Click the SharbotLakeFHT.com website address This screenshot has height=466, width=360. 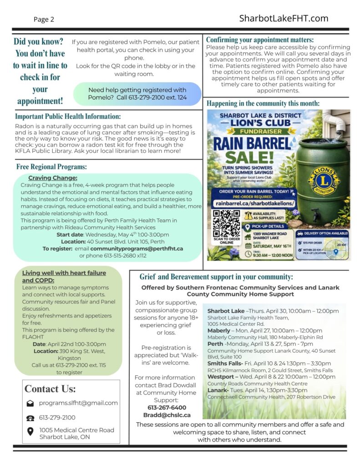click(284, 18)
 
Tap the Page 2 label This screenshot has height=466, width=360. click(44, 20)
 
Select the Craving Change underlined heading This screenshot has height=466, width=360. click(52, 178)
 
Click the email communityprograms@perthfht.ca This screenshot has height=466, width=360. click(137, 249)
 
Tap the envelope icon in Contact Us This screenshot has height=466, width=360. click(30, 403)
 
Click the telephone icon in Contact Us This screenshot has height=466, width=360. click(30, 418)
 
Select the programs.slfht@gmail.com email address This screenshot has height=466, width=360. click(78, 403)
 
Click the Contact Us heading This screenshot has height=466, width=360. click(50, 389)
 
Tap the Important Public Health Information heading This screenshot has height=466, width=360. click(68, 116)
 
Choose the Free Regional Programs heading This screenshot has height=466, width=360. click(51, 167)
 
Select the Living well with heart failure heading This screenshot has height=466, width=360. click(64, 273)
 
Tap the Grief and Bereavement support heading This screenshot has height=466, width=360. click(216, 277)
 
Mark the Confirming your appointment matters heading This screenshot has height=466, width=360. click(260, 40)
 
